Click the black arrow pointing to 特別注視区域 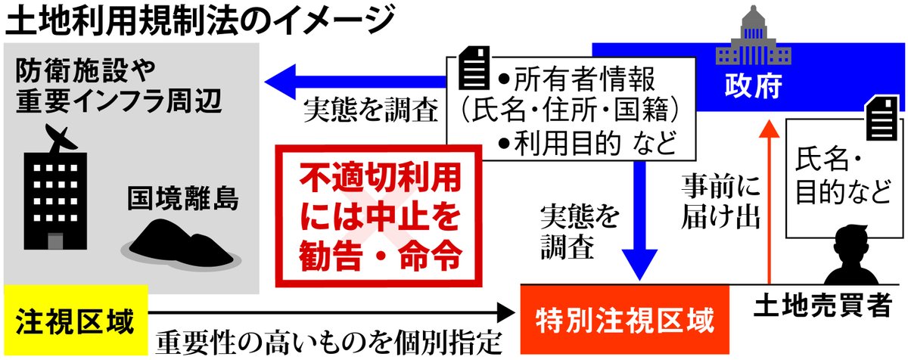click(x=325, y=311)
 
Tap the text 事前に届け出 click(x=719, y=200)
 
